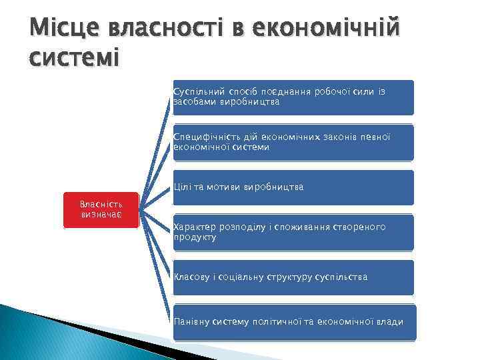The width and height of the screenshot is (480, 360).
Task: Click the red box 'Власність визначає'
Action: pos(100,210)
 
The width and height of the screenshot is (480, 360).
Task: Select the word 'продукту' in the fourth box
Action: pos(195,237)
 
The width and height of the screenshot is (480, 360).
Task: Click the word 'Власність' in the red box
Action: pos(100,204)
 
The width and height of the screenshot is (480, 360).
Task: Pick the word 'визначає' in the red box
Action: pos(100,215)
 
